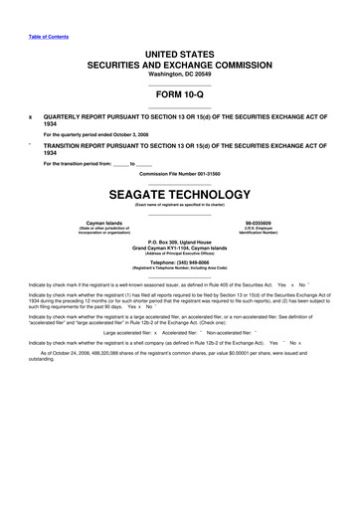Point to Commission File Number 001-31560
[x=179, y=175]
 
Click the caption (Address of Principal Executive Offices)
[x=179, y=255]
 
